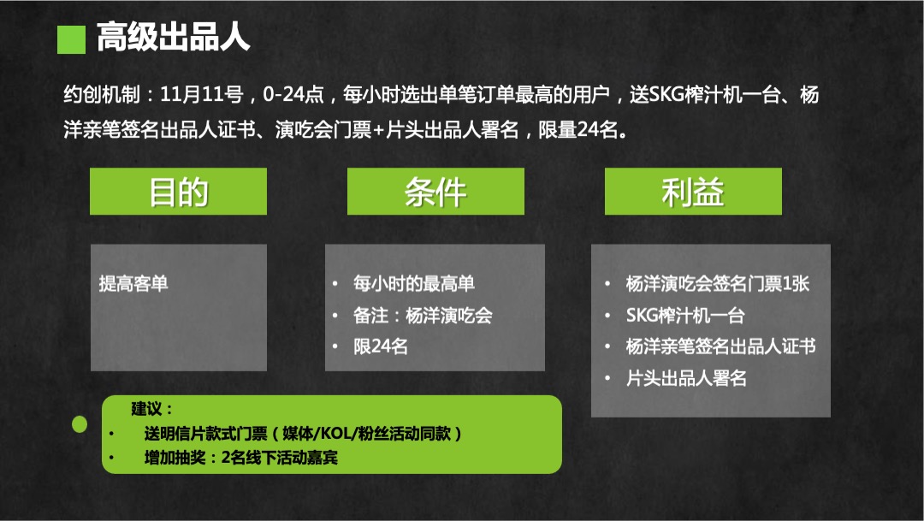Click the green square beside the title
click(71, 39)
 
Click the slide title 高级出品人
click(173, 37)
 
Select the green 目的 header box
click(178, 192)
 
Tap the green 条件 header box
click(435, 192)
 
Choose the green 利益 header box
click(693, 192)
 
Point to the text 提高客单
click(133, 283)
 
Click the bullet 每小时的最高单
click(414, 283)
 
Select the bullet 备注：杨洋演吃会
click(423, 316)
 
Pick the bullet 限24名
click(381, 346)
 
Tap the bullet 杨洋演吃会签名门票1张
click(718, 283)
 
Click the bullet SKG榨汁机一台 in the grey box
click(685, 316)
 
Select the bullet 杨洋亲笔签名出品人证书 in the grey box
click(720, 346)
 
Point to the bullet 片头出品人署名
click(686, 378)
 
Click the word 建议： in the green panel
click(152, 408)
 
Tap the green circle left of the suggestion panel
click(80, 424)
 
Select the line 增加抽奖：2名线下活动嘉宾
click(241, 458)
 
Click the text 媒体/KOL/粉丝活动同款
click(366, 434)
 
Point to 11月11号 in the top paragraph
click(202, 94)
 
